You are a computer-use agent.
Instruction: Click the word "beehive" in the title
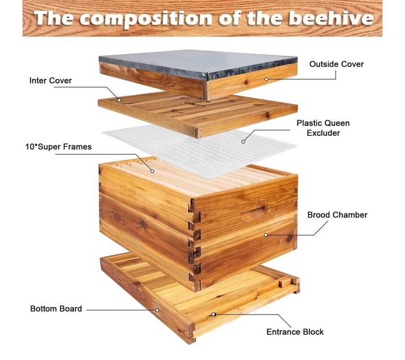331,18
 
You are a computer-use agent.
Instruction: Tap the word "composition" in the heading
145,19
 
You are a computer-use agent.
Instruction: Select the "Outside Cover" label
336,64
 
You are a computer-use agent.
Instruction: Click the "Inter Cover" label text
50,81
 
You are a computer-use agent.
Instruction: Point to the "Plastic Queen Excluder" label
323,128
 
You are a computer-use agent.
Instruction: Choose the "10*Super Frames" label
58,147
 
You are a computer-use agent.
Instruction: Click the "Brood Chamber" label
337,215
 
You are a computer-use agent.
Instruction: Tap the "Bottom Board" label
56,309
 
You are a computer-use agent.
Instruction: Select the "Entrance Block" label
295,332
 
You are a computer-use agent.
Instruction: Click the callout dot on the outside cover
266,79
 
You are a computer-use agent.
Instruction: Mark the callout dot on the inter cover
119,100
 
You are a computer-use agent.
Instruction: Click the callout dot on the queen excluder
243,141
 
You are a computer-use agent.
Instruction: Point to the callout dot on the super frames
153,171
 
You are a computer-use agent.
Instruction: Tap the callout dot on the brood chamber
265,235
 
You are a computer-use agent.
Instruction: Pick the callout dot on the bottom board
157,310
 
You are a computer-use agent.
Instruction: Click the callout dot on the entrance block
213,314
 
